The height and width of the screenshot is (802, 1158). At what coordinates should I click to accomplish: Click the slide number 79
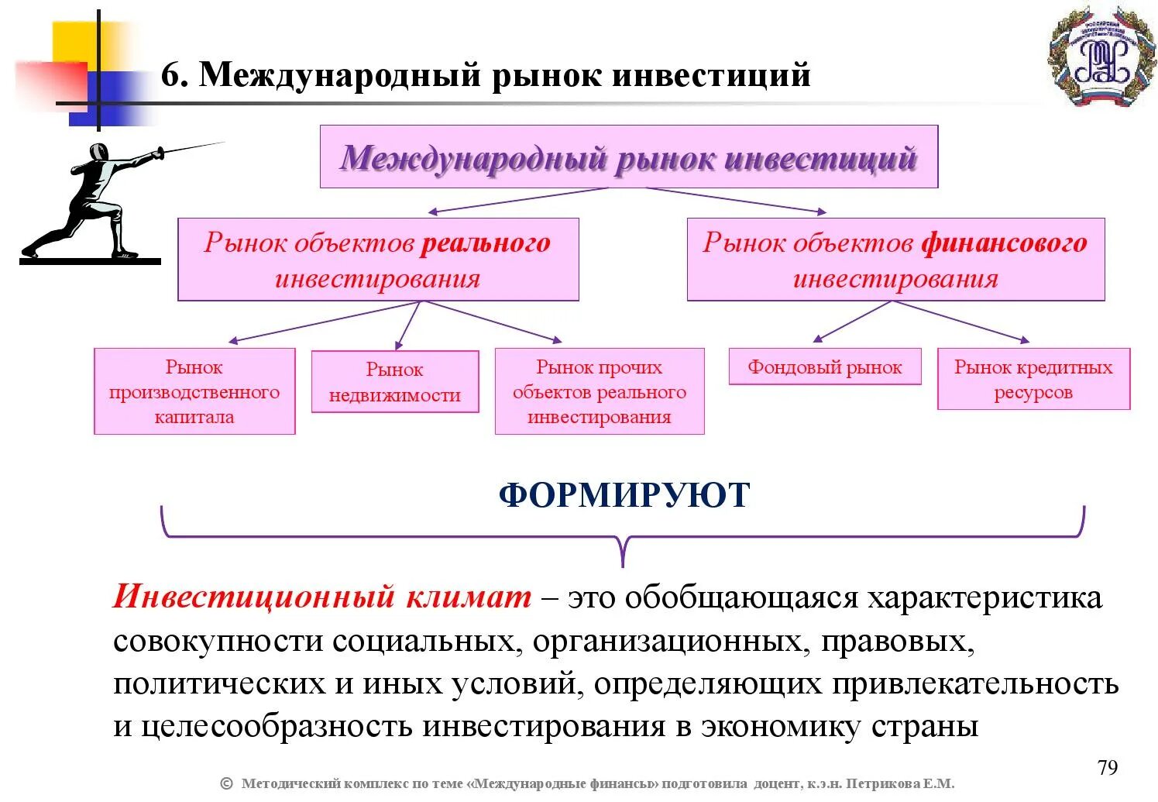[1108, 768]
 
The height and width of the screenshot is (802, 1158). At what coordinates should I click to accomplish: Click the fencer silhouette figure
[93, 201]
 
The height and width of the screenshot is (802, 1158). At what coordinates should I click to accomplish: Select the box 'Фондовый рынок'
[825, 367]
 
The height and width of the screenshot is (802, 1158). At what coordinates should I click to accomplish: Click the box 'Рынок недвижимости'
[395, 382]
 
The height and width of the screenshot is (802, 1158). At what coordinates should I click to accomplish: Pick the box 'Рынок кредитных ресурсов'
[1033, 379]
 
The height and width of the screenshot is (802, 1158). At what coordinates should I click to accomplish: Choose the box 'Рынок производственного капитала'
[194, 391]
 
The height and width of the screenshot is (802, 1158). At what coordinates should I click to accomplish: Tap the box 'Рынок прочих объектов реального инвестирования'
[600, 391]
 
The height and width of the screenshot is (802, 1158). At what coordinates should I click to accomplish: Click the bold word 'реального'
[486, 243]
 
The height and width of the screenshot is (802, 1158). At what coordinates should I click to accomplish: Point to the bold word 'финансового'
[1004, 243]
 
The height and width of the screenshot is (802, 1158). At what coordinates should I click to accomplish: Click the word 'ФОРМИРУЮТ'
[624, 494]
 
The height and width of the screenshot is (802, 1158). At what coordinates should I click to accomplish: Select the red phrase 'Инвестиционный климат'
[322, 597]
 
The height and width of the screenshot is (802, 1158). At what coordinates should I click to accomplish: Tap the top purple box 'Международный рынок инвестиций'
[628, 157]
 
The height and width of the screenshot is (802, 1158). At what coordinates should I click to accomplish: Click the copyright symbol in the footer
[226, 783]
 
